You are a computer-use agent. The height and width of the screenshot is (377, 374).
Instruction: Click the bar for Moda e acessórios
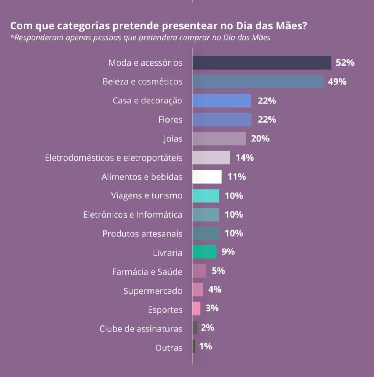261,63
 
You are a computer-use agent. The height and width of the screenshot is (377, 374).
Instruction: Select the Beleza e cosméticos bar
257,82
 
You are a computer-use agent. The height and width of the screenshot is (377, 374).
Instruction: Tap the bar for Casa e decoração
221,101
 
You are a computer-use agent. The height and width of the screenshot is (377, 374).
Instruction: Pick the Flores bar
221,120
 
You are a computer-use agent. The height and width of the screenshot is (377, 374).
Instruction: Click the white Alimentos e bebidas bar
207,177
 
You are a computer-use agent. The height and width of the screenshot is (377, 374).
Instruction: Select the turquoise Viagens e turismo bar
206,196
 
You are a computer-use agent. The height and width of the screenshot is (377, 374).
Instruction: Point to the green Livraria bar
204,252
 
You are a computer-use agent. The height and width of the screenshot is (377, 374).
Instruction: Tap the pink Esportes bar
196,309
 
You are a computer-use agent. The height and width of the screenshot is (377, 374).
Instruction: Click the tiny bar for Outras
194,346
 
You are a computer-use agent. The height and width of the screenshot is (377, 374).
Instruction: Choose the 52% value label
345,63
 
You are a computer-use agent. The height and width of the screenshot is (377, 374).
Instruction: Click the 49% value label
337,82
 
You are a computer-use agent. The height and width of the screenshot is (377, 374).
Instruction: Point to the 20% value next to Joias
260,139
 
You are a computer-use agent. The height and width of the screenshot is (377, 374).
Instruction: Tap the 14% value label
245,158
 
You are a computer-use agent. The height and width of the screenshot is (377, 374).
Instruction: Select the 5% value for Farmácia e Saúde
218,271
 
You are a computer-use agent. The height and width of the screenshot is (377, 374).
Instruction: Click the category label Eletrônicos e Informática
133,215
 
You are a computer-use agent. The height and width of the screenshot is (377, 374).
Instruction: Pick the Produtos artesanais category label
142,234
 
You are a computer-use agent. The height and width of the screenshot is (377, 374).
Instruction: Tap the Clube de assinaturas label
141,329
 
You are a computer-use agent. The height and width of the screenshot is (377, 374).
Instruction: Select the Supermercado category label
153,291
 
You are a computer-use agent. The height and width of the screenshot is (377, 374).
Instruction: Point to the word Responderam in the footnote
33,38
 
